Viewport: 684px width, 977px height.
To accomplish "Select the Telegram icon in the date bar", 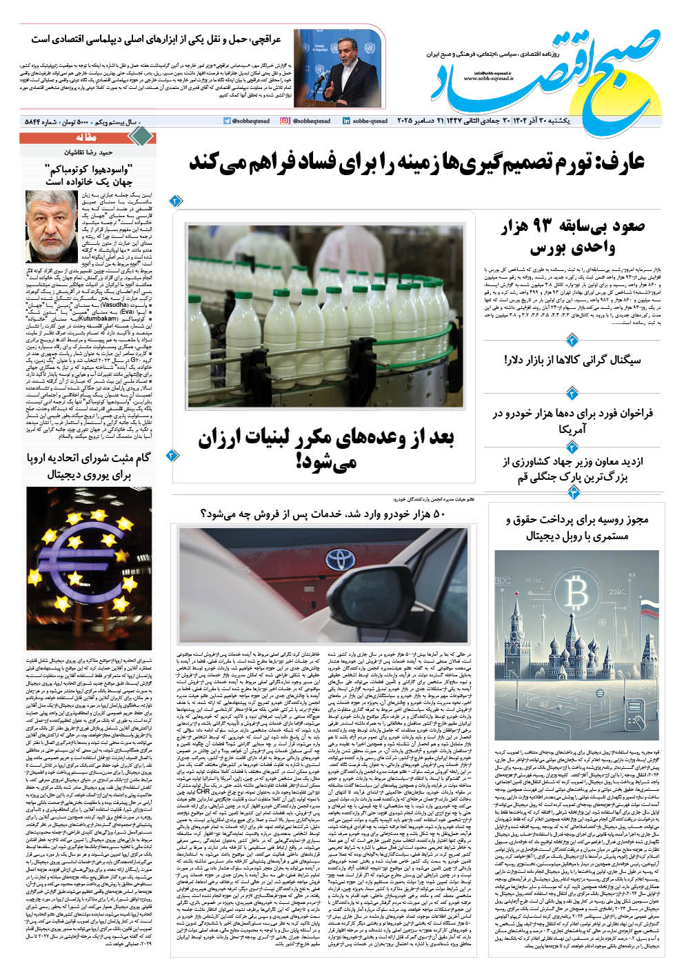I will (x=228, y=121).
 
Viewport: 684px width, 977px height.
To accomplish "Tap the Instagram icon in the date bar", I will (x=285, y=121).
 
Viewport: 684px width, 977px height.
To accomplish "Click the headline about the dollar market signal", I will (x=572, y=359).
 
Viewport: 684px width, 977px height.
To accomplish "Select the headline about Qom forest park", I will (x=572, y=469).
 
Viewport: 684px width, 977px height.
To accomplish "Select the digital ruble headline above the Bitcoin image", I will (x=576, y=527).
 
